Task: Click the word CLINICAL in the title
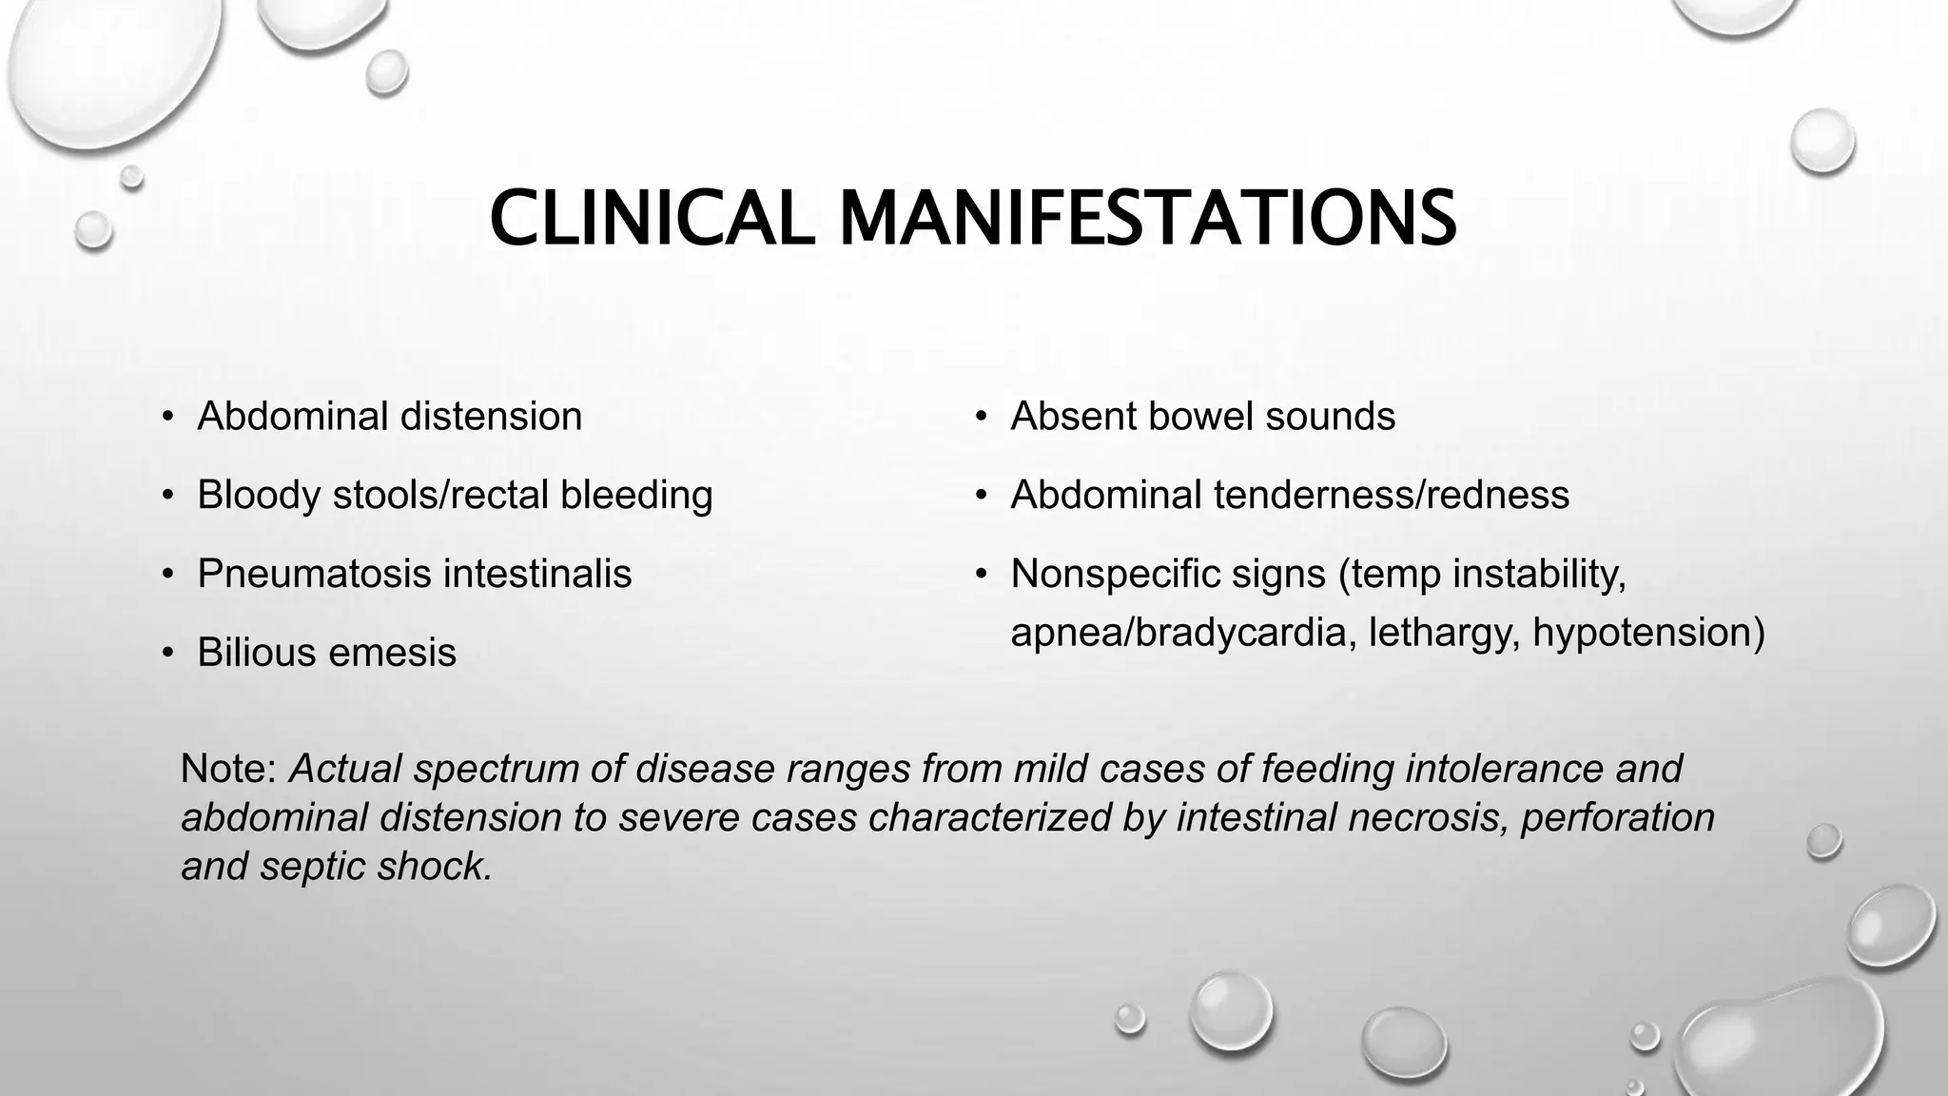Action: (652, 218)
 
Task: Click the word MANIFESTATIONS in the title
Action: (1147, 218)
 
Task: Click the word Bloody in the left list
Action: (258, 496)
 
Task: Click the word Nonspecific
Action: (1114, 574)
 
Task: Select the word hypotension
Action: (1647, 633)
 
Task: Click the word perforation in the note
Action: (1618, 817)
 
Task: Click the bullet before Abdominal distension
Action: (167, 417)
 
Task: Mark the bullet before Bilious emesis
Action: (167, 653)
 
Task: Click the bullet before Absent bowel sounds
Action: (981, 417)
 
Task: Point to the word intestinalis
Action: (536, 574)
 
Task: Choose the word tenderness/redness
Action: (1392, 495)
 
